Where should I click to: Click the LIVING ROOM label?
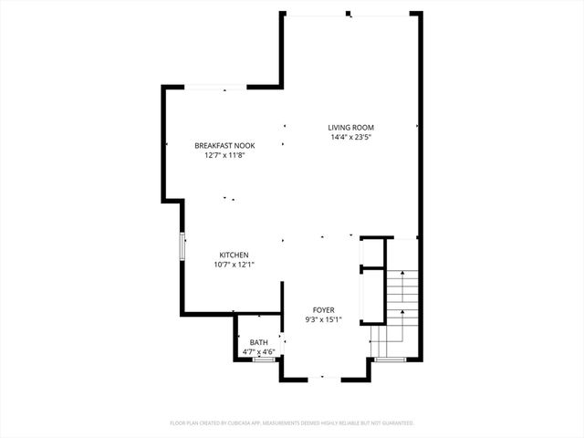coord(351,127)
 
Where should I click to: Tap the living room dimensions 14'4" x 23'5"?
coord(351,137)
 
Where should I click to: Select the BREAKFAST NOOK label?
coord(224,145)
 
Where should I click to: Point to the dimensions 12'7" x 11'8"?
coord(224,155)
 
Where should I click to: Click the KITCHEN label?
coord(234,255)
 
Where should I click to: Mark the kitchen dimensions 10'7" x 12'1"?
coord(234,265)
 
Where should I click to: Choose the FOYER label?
coord(324,309)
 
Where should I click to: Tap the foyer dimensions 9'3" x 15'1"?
coord(324,319)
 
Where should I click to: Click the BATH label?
coord(259,341)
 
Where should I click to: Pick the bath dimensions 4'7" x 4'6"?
coord(259,351)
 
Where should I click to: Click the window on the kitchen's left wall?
coord(182,246)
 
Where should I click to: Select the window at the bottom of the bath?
coord(264,360)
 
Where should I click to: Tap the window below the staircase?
coord(390,360)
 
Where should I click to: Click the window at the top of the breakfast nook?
coord(214,88)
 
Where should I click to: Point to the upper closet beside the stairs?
coord(374,252)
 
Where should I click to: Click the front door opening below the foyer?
coord(324,379)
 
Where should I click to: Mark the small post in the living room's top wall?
coord(348,14)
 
